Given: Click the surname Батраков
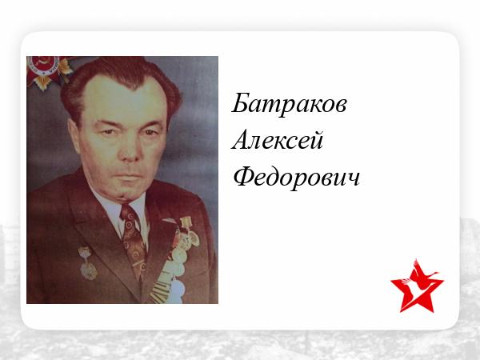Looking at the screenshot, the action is [x=289, y=104].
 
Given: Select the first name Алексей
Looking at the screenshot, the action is [x=278, y=140].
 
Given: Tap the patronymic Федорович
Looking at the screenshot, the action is [x=296, y=177].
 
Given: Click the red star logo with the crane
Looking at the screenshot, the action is [x=417, y=286].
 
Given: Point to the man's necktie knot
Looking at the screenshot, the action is [x=129, y=212].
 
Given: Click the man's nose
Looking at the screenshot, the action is [x=130, y=151].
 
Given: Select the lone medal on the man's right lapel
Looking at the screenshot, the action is [x=87, y=263].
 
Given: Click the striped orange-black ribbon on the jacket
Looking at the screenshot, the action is [x=161, y=292].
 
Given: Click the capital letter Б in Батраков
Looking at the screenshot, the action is [x=241, y=102].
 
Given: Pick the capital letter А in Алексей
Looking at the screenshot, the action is [x=242, y=139].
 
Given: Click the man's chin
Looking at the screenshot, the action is [x=126, y=193].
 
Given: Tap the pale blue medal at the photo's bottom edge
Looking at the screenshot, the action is [x=177, y=292].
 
